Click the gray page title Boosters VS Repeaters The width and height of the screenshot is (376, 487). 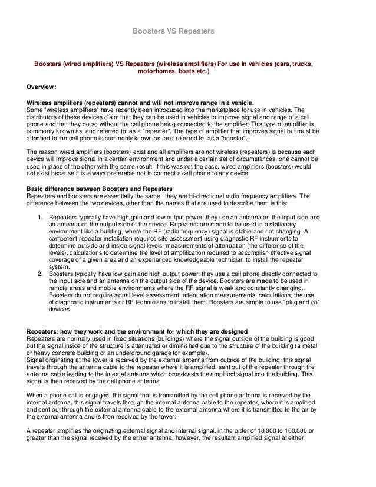click(x=171, y=28)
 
